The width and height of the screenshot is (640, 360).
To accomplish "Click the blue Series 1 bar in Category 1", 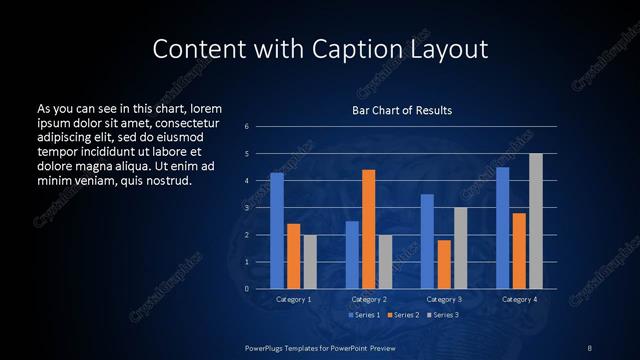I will point(277,231).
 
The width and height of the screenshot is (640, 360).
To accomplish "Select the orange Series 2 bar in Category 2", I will point(368,229).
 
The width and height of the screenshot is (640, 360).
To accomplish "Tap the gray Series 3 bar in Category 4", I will point(536,221).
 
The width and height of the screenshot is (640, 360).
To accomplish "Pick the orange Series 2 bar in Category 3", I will point(444,264).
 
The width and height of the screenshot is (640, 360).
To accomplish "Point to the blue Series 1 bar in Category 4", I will point(503,228).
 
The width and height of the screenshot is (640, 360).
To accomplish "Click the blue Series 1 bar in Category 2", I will point(352,255).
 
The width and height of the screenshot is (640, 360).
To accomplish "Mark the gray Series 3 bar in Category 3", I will point(460,248).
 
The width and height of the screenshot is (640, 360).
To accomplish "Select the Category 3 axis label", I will point(444,299).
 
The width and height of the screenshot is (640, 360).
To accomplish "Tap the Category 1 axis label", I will point(293,299).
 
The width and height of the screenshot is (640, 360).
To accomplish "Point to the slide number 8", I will point(590,347).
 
